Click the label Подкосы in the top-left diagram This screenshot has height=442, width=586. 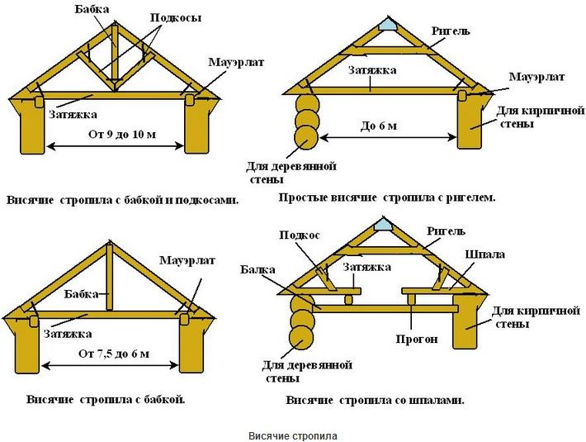coord(176,17)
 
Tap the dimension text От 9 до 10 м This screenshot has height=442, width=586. coord(122,134)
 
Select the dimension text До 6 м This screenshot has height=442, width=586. coord(379,126)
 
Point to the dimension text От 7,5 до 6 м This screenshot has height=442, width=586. coord(114,354)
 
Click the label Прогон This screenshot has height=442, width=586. coord(417,340)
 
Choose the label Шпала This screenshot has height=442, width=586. coord(485,254)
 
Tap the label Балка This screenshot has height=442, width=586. coord(258,269)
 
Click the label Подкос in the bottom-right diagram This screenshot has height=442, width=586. coord(300,235)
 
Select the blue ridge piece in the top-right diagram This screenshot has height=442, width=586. coord(387,26)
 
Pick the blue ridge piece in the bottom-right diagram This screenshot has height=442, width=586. coord(384,225)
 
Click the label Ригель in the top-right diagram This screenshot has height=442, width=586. coord(451,31)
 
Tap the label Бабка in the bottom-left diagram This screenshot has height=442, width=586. coord(81,293)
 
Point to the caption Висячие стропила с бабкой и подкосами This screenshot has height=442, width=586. coord(122,200)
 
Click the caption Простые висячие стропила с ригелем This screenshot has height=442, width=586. coord(387,197)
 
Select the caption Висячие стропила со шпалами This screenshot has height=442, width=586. coord(376,401)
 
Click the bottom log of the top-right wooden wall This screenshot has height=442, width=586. coord(306,138)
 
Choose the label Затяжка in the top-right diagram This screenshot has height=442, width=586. coord(372,70)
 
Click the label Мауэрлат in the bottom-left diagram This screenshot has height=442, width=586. coord(187,260)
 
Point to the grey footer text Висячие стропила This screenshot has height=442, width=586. coord(293,436)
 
